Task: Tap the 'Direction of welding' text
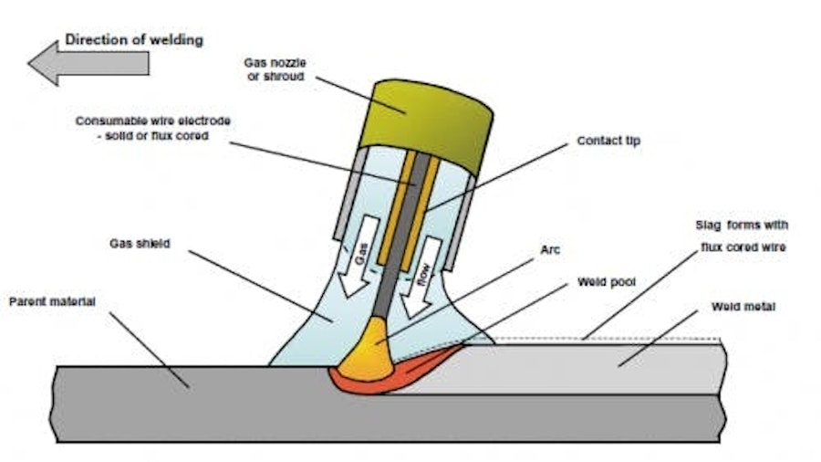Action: (134, 40)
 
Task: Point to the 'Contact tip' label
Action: (608, 142)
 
